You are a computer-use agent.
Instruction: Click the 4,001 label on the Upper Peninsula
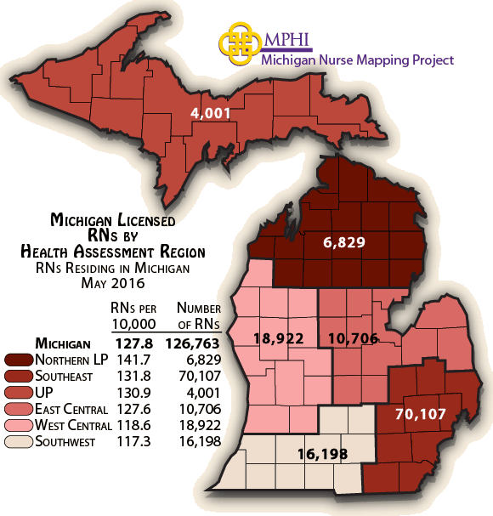[x=211, y=112]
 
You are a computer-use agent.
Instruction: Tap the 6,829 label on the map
[x=344, y=242]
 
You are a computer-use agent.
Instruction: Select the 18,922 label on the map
[x=279, y=337]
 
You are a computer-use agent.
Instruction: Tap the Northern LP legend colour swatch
[x=18, y=360]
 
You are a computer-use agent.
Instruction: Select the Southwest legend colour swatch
[x=18, y=441]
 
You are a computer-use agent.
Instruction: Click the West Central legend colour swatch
[x=18, y=425]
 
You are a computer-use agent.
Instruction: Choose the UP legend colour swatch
[x=18, y=393]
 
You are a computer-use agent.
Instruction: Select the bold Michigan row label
[x=63, y=344]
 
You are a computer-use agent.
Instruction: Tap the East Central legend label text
[x=71, y=409]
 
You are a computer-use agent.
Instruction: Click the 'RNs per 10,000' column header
[x=133, y=315]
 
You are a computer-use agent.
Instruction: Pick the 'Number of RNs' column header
[x=197, y=315]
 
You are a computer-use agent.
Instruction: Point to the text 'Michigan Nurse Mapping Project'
[x=357, y=60]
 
